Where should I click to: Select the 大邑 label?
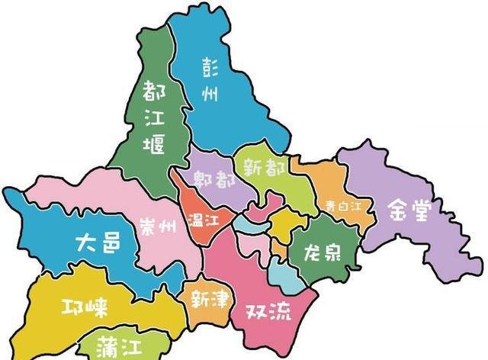pos(98,244)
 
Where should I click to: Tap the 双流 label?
pos(268,311)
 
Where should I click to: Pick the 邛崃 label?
pos(84,307)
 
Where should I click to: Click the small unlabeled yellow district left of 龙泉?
pos(286,226)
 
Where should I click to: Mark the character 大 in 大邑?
pos(85,244)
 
